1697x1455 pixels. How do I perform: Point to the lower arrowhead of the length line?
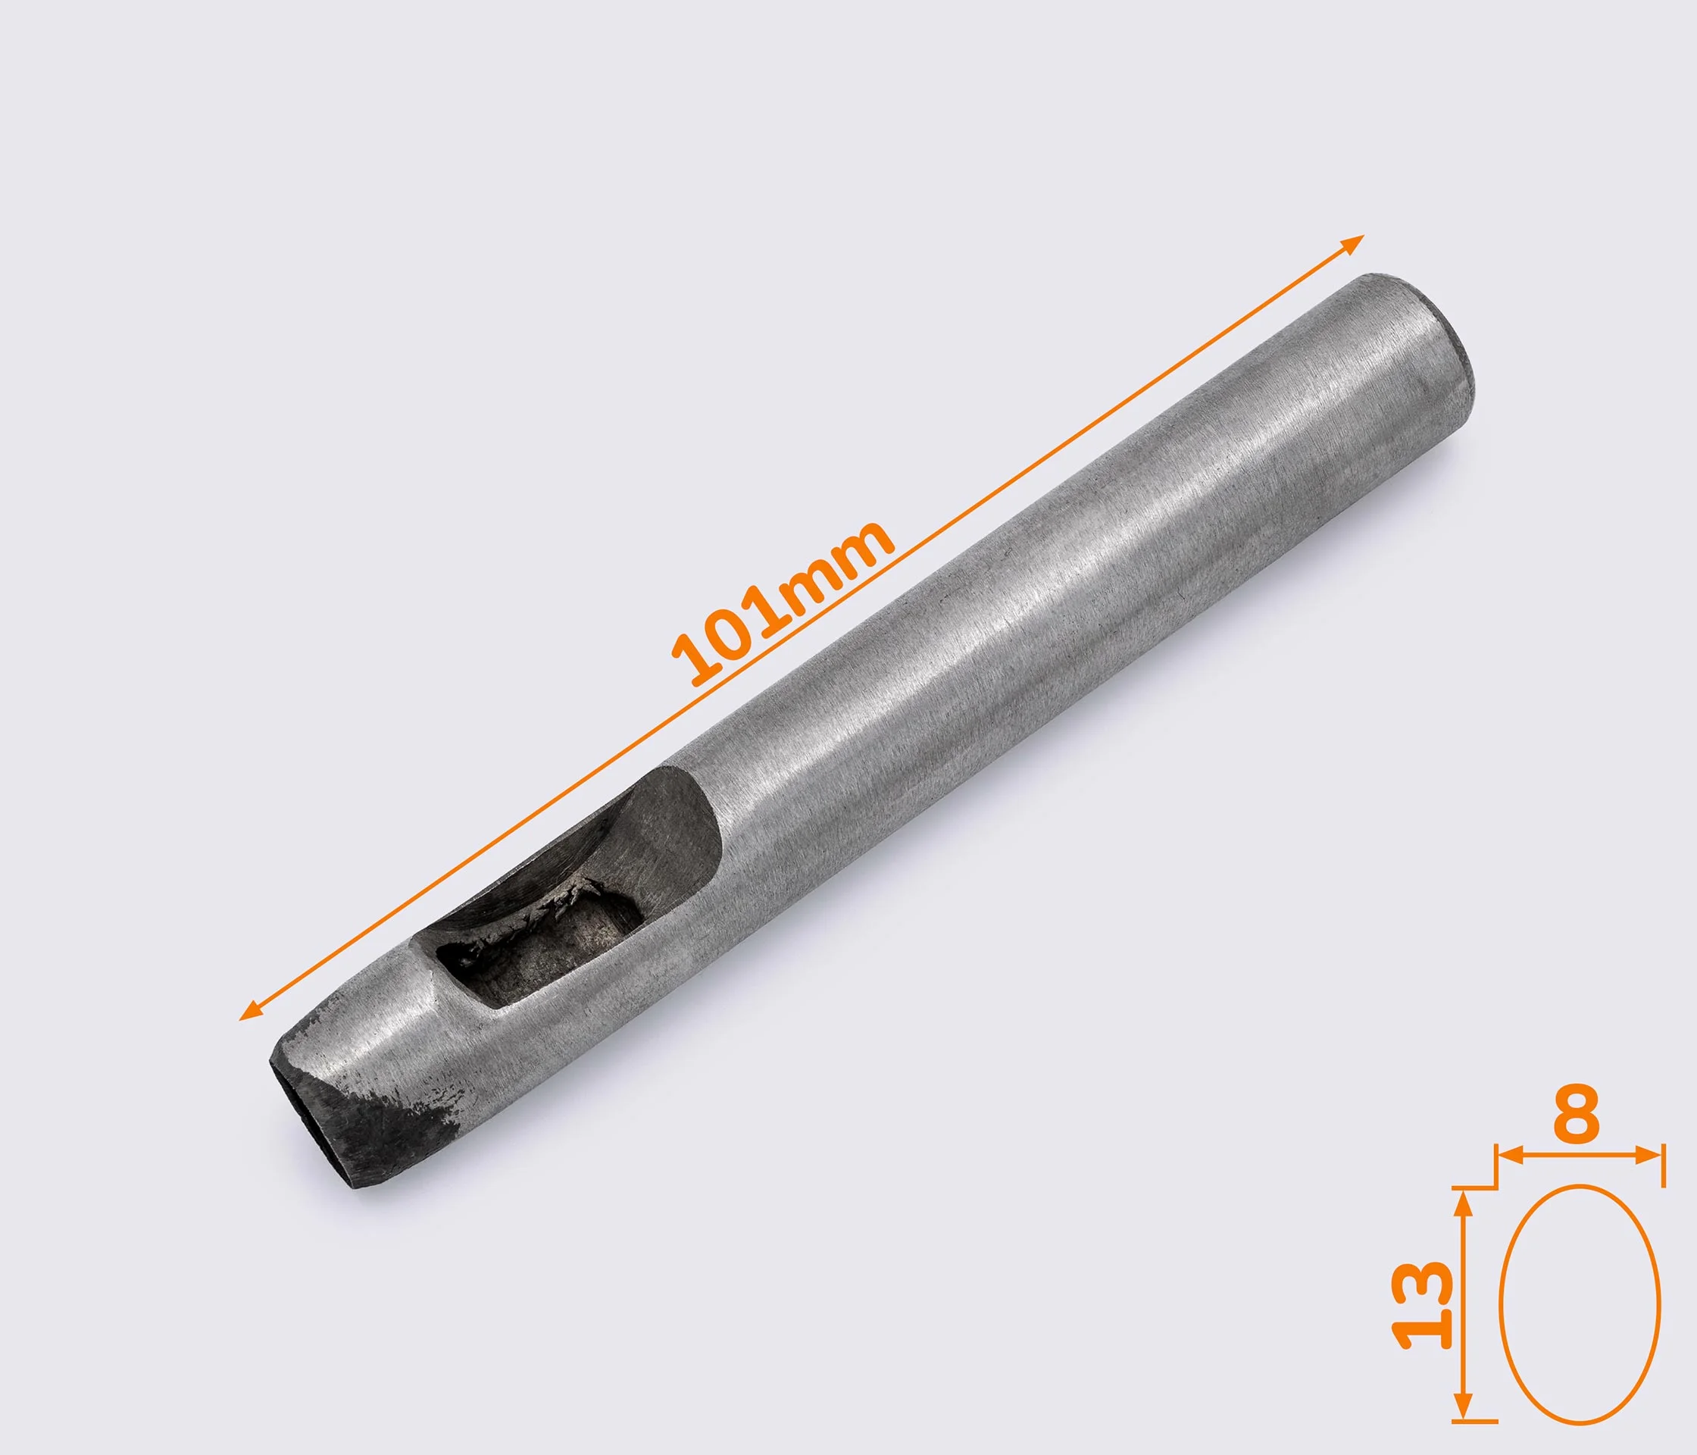pyautogui.click(x=249, y=1012)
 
